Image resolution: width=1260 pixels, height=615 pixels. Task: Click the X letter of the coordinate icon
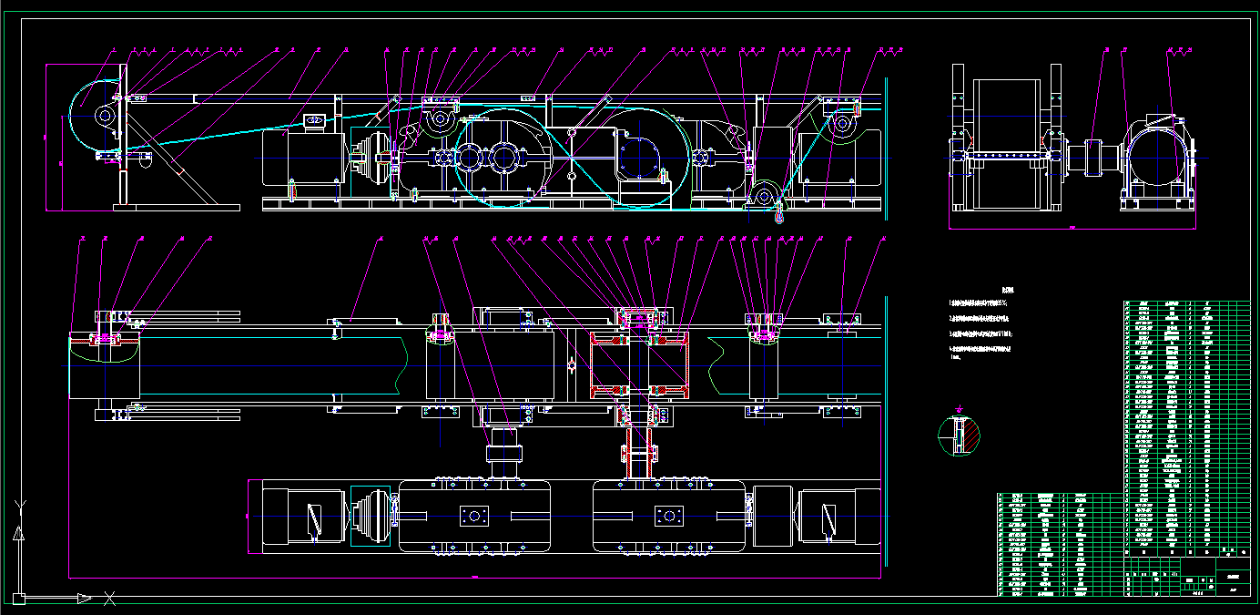pos(109,599)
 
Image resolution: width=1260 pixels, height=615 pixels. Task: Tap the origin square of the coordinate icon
pos(18,599)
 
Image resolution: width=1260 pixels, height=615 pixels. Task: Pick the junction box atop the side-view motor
pos(317,120)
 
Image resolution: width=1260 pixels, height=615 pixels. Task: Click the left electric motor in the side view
pos(301,159)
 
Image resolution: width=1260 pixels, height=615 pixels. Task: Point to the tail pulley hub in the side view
pos(102,117)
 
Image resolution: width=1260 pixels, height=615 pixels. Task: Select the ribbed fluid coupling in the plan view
pos(372,518)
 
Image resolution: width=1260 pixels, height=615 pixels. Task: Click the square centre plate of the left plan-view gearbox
pos(473,517)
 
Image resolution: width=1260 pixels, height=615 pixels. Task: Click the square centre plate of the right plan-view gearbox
pos(669,517)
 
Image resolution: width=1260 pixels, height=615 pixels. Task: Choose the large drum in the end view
pos(1007,146)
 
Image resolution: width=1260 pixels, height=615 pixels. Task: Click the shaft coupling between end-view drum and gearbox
pos(1091,155)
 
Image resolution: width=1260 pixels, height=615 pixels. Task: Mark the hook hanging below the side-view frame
pos(779,216)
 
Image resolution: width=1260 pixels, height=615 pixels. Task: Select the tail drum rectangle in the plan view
pos(104,365)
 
